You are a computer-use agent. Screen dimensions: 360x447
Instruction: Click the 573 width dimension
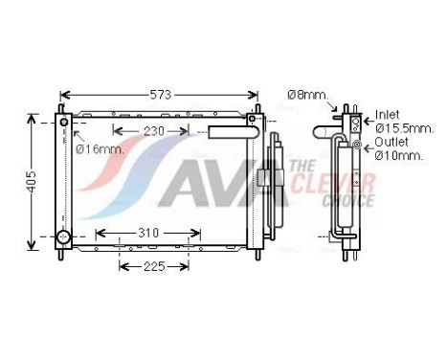[x=159, y=96]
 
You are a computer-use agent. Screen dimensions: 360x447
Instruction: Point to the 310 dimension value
[x=146, y=234]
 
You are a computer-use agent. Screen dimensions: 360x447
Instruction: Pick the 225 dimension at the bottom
[x=153, y=266]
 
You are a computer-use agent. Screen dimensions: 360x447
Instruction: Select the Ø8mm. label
[x=307, y=95]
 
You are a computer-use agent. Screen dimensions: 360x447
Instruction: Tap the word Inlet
[x=387, y=114]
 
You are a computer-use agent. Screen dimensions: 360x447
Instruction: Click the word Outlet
[x=390, y=141]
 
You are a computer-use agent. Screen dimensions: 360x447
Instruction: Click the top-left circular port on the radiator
[x=65, y=122]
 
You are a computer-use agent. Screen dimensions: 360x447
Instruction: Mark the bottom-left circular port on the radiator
[x=64, y=236]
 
